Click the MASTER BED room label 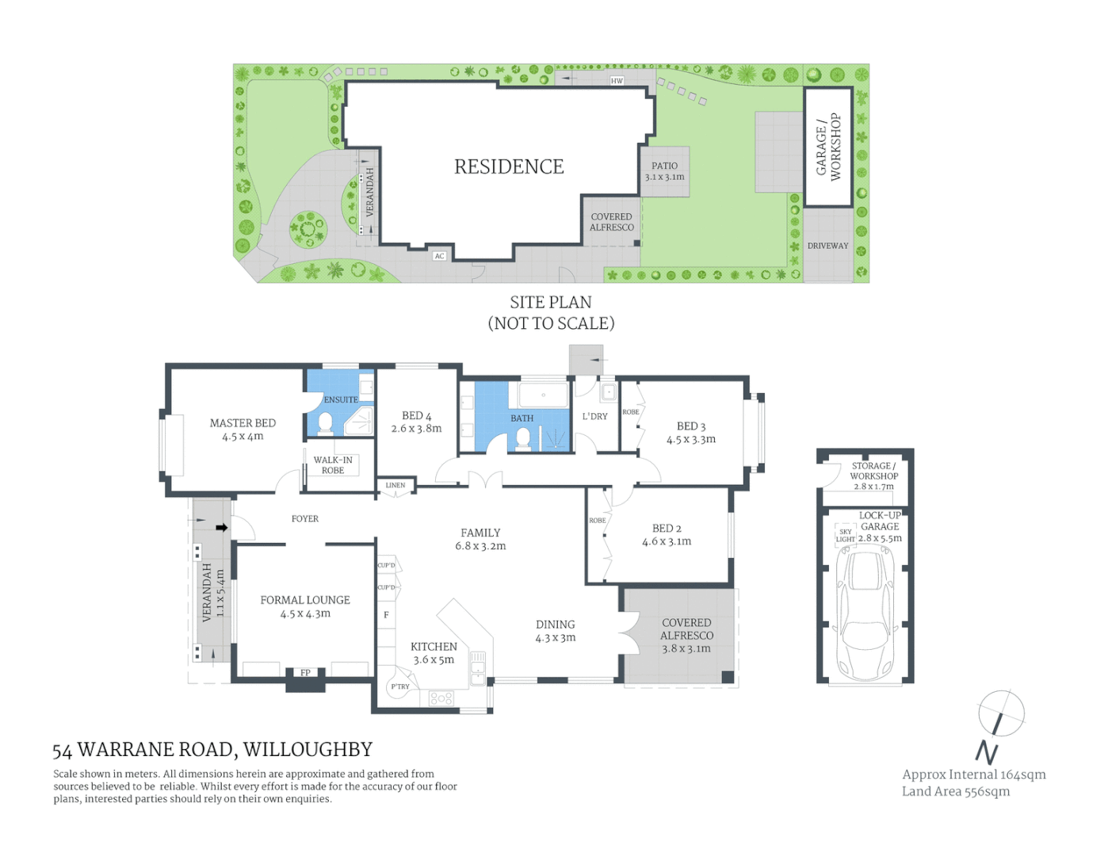pos(243,423)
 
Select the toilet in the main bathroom pos(523,438)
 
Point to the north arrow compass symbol pos(1000,714)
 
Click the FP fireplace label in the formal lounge pos(305,673)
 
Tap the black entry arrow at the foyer pos(221,527)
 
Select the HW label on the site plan pos(617,81)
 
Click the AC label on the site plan pos(439,256)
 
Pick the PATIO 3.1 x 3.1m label pos(664,171)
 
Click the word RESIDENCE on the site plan pos(509,166)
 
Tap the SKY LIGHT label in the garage pos(845,536)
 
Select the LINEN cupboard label pos(395,485)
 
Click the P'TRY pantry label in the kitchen pos(400,686)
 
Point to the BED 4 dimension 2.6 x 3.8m pos(416,429)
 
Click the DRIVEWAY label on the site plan pos(827,246)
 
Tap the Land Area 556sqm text pos(955,791)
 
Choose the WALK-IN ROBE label pos(333,465)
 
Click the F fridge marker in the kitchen pos(386,614)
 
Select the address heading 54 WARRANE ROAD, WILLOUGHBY pos(212,750)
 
